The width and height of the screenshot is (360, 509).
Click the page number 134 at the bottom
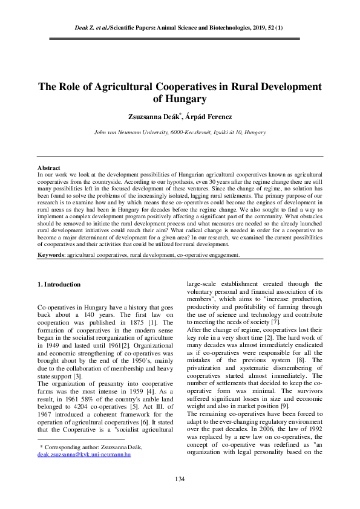[x=179, y=479]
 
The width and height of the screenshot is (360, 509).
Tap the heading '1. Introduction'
[x=59, y=284]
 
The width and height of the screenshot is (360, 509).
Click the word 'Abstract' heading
[x=48, y=167]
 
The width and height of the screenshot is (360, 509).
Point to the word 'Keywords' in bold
[x=51, y=256]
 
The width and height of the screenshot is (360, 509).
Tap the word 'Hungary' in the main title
[x=182, y=99]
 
